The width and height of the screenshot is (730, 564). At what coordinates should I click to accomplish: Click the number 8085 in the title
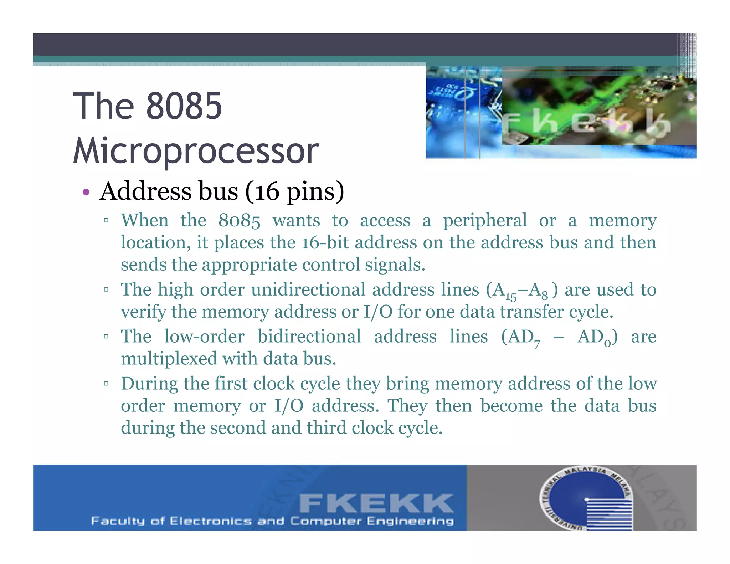pos(184,106)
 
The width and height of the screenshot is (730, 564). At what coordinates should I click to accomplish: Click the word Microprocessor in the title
pos(196,151)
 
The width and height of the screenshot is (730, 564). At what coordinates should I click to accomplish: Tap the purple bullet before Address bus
pos(86,193)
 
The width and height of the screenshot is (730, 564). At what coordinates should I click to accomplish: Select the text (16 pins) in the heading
pos(294,192)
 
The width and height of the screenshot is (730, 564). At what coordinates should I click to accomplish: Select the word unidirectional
pos(308,289)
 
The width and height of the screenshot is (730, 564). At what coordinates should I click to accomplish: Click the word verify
pos(143,312)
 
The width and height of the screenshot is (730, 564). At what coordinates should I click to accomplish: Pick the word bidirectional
pos(309,336)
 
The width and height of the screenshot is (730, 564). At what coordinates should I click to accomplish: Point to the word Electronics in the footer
pos(210,521)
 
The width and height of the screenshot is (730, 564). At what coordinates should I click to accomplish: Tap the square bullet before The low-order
pos(106,336)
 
